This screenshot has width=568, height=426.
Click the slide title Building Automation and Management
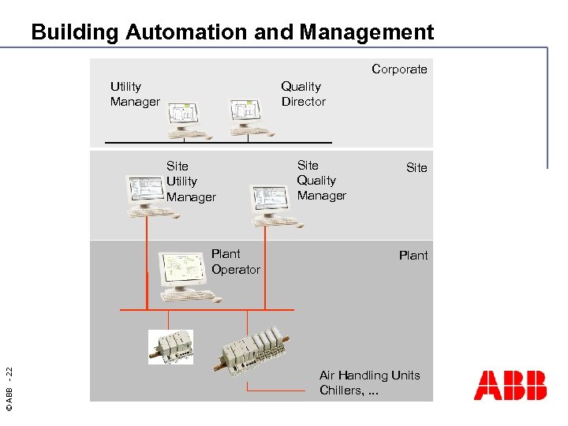[x=233, y=32]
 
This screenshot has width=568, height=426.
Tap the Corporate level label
[x=399, y=69]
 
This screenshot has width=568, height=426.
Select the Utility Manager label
[x=135, y=94]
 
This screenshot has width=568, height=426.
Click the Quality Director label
[x=304, y=94]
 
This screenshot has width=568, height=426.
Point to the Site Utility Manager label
[x=190, y=181]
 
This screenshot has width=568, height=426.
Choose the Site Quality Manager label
[x=321, y=180]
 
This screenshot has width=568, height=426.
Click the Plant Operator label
[x=235, y=262]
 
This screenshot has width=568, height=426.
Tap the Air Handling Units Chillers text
[x=369, y=383]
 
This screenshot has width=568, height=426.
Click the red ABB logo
[x=510, y=385]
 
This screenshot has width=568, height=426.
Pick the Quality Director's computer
[x=247, y=118]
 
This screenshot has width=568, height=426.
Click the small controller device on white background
[x=171, y=347]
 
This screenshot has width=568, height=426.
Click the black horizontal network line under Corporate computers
[x=218, y=143]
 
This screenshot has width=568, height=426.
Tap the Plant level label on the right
[x=413, y=256]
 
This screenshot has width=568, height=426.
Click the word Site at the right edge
[x=417, y=168]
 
